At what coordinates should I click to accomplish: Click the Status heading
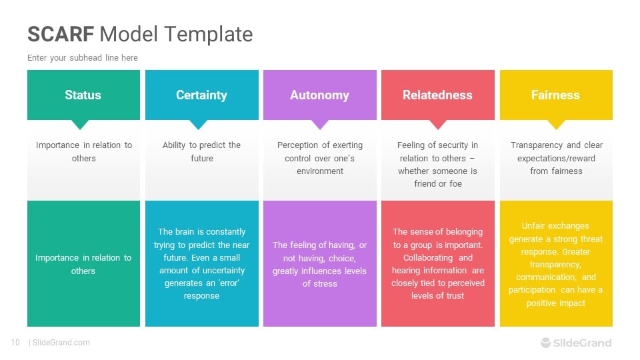pos(83,95)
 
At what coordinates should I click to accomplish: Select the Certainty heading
pos(201,95)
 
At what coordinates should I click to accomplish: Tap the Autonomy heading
pos(319,95)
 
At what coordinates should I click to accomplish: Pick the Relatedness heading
pos(437,95)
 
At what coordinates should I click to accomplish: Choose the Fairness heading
pos(555,95)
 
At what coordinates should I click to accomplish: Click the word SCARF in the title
pos(61,34)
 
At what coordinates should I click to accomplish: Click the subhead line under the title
pos(83,58)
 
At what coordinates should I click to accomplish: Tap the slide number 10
pos(15,343)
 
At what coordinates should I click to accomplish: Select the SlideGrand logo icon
pos(546,343)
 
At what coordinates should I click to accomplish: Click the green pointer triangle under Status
pos(80,125)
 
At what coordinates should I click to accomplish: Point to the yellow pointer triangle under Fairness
pos(556,125)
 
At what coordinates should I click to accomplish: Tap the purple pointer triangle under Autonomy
pos(320,125)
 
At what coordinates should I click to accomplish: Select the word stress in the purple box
pos(325,284)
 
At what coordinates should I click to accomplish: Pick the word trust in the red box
pos(455,295)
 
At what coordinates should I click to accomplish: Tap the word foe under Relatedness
pos(455,184)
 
